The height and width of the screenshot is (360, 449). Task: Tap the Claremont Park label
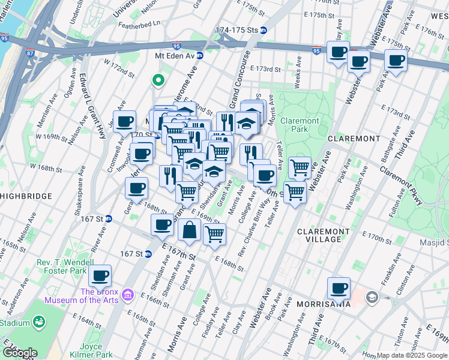[x=303, y=125]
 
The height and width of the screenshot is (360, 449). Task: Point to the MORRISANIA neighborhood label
[x=324, y=304]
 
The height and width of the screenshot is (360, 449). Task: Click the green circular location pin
[x=158, y=79]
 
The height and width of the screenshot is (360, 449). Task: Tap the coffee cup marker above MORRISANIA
[x=339, y=287]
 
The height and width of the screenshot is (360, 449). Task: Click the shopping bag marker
[x=189, y=230]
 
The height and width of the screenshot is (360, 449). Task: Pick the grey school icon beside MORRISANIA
[x=372, y=296]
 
